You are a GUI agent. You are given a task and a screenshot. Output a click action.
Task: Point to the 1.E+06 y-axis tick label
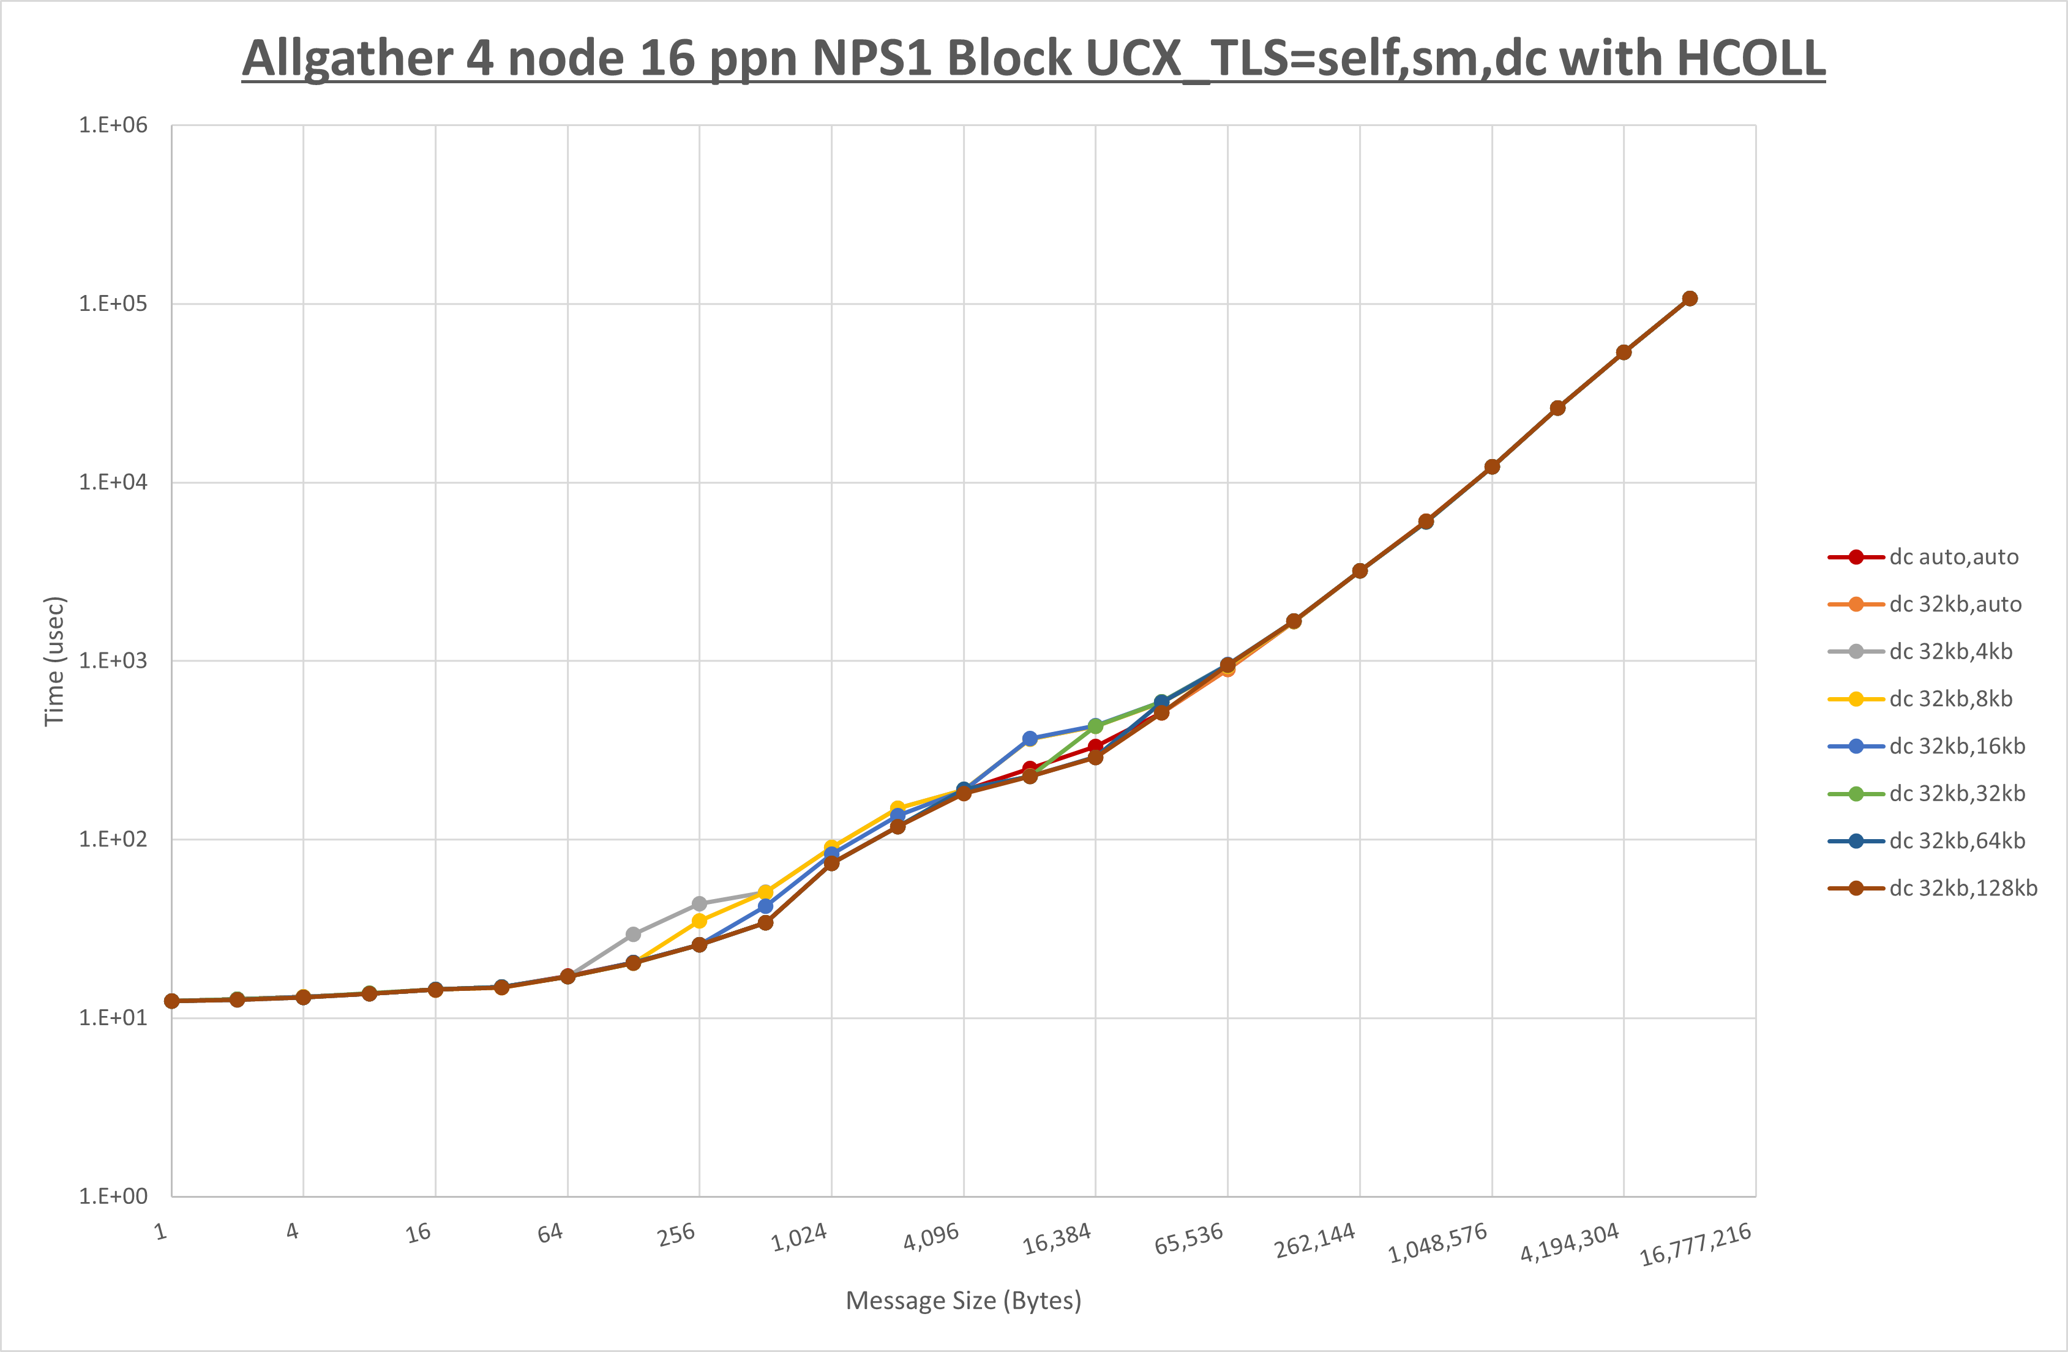click(113, 125)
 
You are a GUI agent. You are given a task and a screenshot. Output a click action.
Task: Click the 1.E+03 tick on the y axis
click(113, 660)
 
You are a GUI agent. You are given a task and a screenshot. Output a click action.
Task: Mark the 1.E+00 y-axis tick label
click(113, 1197)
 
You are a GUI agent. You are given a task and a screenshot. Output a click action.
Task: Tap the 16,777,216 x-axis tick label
click(1695, 1244)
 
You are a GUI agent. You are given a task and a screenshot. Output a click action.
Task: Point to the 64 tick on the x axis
click(550, 1232)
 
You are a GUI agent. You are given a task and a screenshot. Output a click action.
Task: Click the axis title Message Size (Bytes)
click(963, 1301)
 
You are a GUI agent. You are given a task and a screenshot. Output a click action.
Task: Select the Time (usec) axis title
click(54, 660)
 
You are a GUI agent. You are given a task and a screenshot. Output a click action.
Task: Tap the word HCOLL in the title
click(1750, 58)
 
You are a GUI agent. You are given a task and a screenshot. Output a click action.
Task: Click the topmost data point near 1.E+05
click(1689, 299)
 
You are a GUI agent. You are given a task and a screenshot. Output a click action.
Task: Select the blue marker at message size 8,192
click(1030, 739)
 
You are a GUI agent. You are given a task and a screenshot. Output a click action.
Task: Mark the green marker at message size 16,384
click(1096, 725)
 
